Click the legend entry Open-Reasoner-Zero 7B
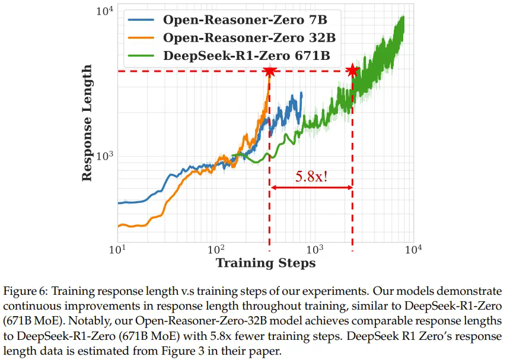241,19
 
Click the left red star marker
270,71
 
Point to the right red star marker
353,71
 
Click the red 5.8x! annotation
312,176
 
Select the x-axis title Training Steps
265,263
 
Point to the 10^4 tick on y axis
103,10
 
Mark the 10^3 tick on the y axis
103,156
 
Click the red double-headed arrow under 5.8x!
311,188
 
